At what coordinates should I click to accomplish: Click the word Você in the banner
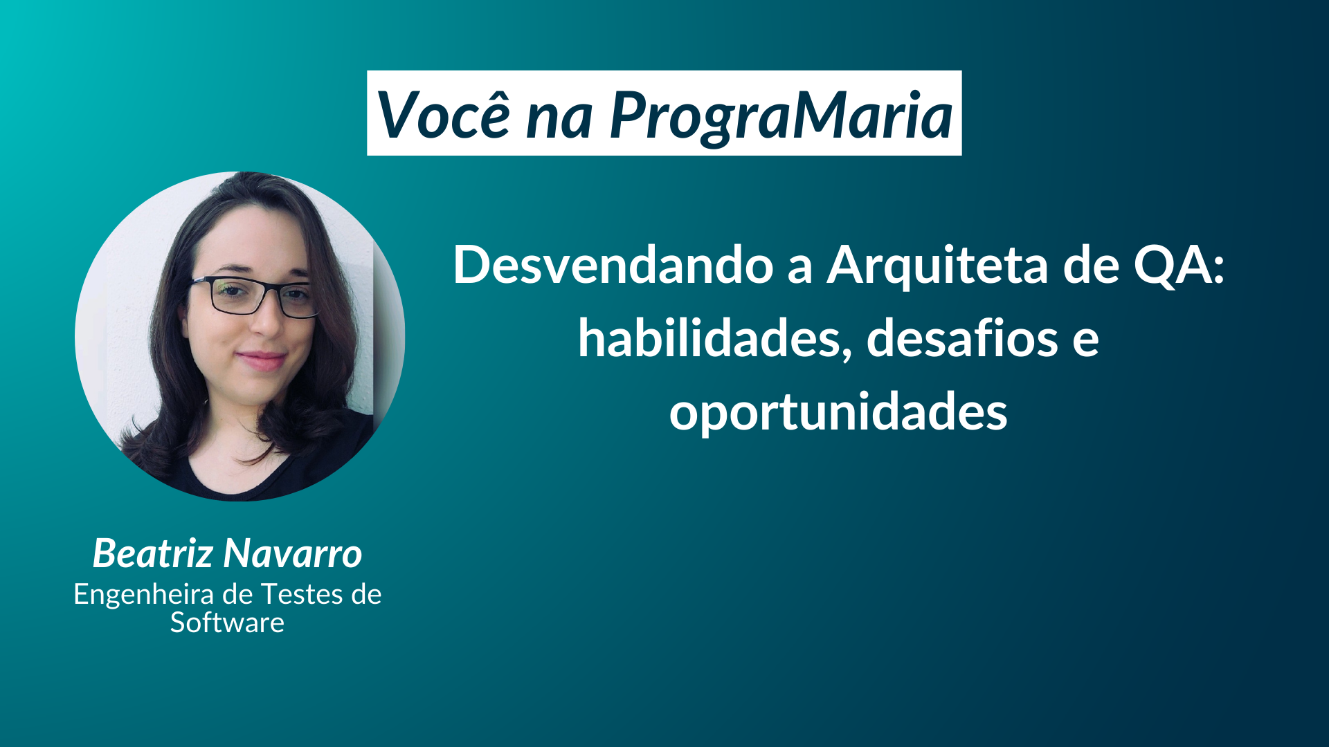point(443,115)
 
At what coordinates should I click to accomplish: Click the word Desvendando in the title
point(613,265)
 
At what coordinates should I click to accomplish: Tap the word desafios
point(962,339)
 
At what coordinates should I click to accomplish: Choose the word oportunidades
point(838,412)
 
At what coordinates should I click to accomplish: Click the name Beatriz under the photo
point(153,553)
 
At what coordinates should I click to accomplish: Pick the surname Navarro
point(293,554)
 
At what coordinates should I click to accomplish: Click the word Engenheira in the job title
point(143,594)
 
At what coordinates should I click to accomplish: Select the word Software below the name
point(227,622)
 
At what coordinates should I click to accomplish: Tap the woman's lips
point(261,360)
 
